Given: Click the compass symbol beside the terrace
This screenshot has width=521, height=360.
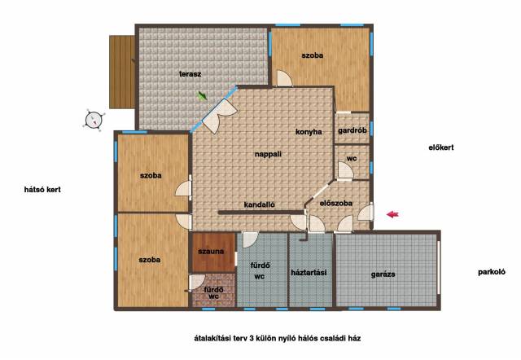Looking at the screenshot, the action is tap(94, 120).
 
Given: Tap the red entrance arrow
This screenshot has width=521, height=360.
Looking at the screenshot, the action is tap(392, 214).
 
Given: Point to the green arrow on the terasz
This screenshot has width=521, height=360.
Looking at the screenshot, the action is tap(202, 96).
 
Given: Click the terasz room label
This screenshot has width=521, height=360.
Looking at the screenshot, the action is tap(190, 74).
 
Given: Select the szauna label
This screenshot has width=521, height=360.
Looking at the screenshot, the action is tap(211, 252).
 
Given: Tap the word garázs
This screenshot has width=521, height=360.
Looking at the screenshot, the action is tap(383, 274).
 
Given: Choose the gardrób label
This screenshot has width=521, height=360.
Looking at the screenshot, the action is tap(352, 130).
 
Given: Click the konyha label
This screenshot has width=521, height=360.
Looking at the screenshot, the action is tap(309, 132).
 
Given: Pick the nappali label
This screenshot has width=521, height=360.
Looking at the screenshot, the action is tap(268, 154).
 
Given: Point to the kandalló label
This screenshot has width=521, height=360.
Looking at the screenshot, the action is tap(259, 204).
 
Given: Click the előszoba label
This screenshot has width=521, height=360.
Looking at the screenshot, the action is tap(336, 203).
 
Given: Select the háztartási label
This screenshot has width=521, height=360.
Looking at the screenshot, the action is tap(309, 273).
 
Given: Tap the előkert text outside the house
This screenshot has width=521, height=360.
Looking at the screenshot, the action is tap(441, 147).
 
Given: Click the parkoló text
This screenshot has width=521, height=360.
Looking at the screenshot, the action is tap(492, 272).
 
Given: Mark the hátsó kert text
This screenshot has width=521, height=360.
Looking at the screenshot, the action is tap(42, 190).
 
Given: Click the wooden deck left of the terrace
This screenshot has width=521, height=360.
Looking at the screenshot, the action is tap(122, 72).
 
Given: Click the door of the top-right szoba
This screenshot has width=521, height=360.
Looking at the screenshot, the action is tap(284, 79).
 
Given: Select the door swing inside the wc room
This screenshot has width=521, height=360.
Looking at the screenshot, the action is tap(345, 170).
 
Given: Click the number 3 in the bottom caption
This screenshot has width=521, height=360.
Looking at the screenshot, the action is tap(252, 338).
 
